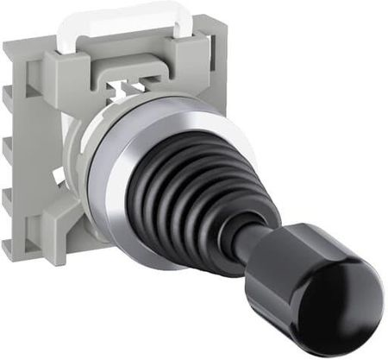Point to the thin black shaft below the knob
[247, 245]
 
